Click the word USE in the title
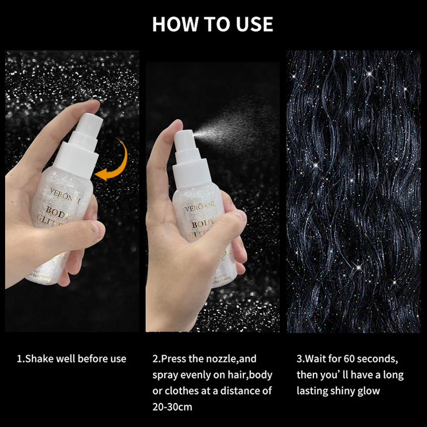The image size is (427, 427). point(252,24)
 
